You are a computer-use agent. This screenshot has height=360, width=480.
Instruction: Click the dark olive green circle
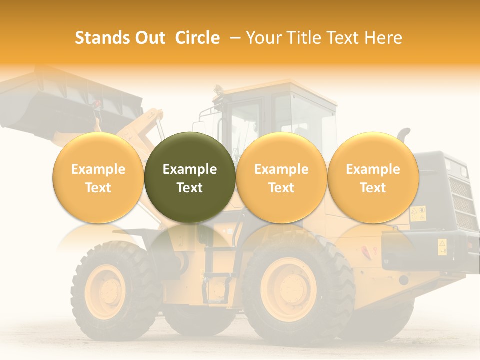[x=190, y=177]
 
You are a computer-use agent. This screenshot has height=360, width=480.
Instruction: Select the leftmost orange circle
[x=98, y=177]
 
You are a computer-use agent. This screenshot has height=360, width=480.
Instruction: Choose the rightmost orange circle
[x=373, y=177]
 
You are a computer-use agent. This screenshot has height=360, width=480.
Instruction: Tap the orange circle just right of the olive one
[x=281, y=177]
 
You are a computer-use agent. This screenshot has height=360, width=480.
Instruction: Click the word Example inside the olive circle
[x=190, y=169]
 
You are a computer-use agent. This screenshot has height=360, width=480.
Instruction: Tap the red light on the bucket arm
[x=97, y=104]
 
